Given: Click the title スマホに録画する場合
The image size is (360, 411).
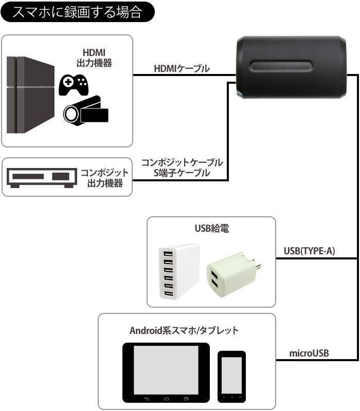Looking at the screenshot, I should [77, 11].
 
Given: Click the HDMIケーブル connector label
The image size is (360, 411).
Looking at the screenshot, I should [182, 68].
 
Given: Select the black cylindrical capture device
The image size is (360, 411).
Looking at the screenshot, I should [291, 67].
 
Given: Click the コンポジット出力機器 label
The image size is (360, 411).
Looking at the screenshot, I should [104, 177].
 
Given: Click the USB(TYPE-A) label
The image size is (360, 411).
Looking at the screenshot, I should [310, 251].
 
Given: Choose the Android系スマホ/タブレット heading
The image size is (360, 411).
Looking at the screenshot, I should [184, 330].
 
